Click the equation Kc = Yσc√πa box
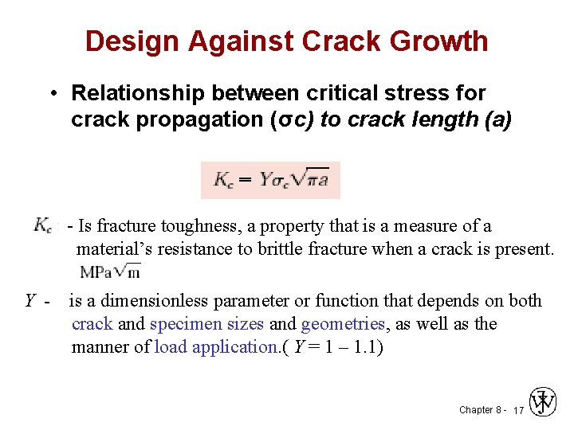tap(270, 180)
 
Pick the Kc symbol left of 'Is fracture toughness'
tap(44, 226)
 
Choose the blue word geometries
tap(343, 324)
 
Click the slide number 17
tap(518, 410)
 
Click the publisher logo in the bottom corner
tap(544, 403)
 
